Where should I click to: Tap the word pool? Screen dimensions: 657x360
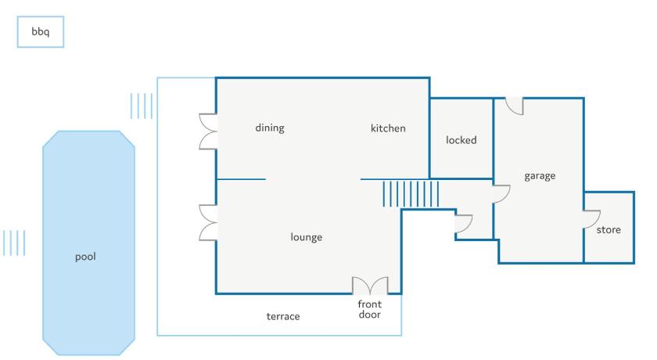[x=85, y=257]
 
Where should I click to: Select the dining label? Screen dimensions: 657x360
[x=270, y=128]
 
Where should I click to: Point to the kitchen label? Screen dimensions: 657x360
[x=388, y=128]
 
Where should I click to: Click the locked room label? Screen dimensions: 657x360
[x=461, y=140]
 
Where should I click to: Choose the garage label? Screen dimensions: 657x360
[x=540, y=176]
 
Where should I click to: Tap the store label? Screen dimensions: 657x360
[x=609, y=229]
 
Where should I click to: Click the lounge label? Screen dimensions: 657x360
[x=307, y=237]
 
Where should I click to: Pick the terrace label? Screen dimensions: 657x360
[x=283, y=316]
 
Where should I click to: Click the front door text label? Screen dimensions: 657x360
[x=369, y=309]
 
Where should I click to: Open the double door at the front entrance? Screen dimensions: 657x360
[x=370, y=286]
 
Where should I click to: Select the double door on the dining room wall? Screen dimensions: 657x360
[x=208, y=131]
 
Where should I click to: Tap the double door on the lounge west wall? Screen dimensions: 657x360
[x=208, y=222]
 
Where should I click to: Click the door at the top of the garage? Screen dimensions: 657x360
[x=515, y=106]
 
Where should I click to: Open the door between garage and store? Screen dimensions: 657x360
[x=591, y=219]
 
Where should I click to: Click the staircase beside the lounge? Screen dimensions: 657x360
[x=411, y=193]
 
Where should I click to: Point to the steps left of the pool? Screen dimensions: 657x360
[x=14, y=243]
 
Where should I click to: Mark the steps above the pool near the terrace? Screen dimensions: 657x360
[x=142, y=106]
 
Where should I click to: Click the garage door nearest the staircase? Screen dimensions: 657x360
[x=501, y=194]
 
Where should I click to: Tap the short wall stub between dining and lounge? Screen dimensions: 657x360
[x=241, y=179]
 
